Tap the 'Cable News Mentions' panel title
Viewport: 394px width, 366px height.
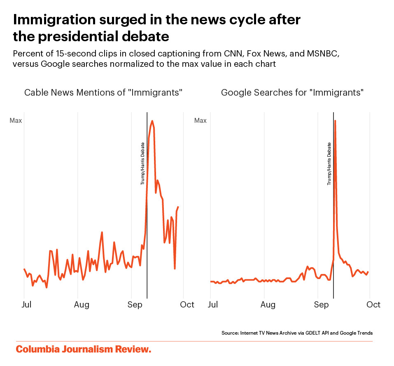[103, 92]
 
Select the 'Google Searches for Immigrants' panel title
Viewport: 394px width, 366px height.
[292, 92]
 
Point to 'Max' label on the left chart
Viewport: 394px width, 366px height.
[16, 121]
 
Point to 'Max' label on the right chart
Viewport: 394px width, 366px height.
[200, 121]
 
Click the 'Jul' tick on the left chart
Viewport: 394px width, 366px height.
[26, 305]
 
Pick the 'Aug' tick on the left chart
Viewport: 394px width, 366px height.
[82, 305]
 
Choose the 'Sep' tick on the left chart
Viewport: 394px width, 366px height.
[134, 305]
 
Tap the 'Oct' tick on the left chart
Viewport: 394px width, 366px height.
[187, 305]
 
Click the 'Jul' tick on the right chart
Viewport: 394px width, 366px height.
[213, 305]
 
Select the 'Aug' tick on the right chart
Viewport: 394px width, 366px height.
[268, 305]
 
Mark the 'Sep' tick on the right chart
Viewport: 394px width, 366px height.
[321, 305]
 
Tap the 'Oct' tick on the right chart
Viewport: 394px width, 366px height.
[374, 305]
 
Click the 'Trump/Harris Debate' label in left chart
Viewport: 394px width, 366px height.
[143, 163]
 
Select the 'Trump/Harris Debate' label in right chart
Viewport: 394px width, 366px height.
[329, 163]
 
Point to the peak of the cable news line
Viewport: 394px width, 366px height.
[152, 121]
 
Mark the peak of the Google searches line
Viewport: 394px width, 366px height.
[335, 120]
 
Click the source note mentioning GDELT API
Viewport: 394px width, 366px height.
[297, 333]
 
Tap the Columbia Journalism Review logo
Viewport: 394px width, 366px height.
[84, 350]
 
